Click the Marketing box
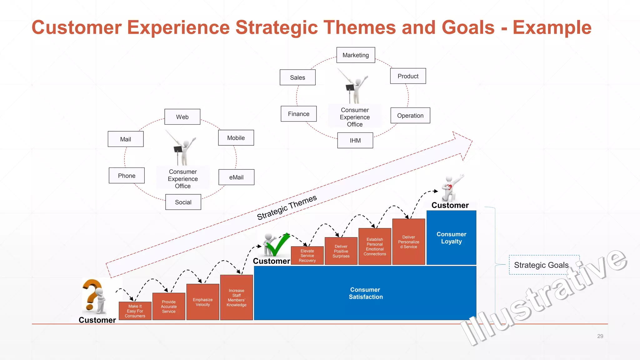pos(356,55)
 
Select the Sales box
pos(297,77)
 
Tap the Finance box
pos(298,114)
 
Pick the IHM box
pos(355,140)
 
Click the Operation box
pos(410,115)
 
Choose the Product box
pos(408,76)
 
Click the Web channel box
pos(182,117)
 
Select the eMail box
pos(236,177)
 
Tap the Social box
pos(183,202)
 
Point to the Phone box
pos(127,176)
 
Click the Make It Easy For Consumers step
pos(135,311)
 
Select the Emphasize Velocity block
pos(202,302)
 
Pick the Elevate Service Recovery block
pos(307,256)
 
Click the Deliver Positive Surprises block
pos(341,251)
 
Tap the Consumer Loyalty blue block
pos(451,237)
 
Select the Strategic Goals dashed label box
pos(544,265)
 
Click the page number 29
pos(600,336)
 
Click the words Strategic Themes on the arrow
pos(287,207)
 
